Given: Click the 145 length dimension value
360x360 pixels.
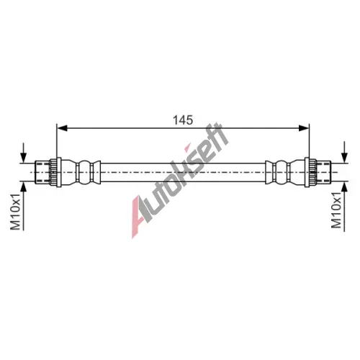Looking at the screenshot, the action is pyautogui.click(x=183, y=120).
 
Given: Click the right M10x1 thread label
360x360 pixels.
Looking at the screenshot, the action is pyautogui.click(x=336, y=210).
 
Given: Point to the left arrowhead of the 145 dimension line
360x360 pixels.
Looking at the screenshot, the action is pyautogui.click(x=62, y=128).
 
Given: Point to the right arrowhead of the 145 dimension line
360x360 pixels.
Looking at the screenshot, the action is pyautogui.click(x=304, y=128).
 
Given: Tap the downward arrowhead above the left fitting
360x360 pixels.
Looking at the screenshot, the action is pyautogui.click(x=23, y=158).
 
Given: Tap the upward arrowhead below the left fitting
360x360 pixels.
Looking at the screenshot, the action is pyautogui.click(x=23, y=186).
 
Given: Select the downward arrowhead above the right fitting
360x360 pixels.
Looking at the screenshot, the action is pyautogui.click(x=345, y=158).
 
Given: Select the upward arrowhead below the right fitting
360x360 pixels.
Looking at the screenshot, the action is pyautogui.click(x=345, y=186).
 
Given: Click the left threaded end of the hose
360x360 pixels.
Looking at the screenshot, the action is pyautogui.click(x=42, y=172).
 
